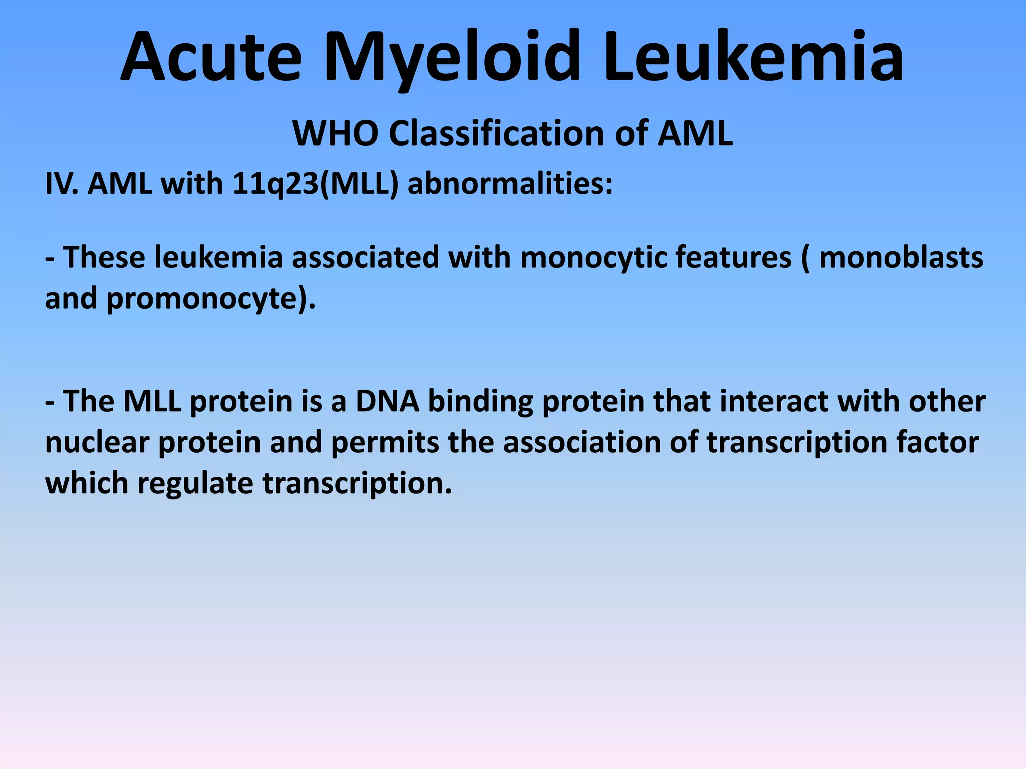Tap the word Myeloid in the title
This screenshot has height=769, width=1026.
click(451, 58)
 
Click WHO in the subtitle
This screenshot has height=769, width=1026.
click(335, 134)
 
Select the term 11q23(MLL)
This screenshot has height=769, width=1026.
click(316, 184)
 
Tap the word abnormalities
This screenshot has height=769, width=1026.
click(510, 184)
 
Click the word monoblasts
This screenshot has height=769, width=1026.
click(901, 257)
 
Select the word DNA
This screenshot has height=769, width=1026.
click(387, 402)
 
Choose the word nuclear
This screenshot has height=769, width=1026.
click(97, 443)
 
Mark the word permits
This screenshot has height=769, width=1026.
click(385, 444)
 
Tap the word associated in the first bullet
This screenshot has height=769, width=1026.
click(365, 257)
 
